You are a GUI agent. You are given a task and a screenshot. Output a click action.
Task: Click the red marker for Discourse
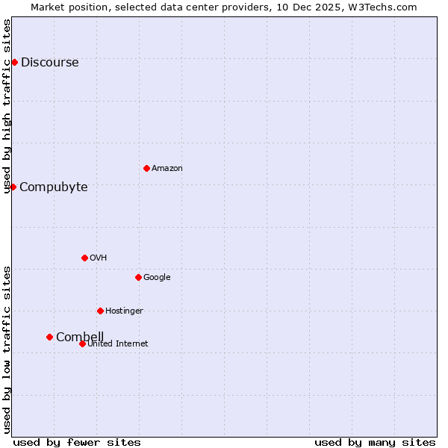14,62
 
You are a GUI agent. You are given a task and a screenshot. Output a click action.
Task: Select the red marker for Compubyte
13,187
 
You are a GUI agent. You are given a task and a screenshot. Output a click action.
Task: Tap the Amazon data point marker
146,168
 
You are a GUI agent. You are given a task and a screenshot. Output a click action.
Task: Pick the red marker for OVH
84,258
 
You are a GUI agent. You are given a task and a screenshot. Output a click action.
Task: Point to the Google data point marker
138,277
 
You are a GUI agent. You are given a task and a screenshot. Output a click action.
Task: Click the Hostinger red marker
100,311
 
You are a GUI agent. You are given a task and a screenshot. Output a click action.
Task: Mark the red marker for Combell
50,337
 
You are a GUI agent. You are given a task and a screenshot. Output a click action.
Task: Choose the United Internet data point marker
82,343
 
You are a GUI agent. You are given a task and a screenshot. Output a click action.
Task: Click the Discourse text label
49,63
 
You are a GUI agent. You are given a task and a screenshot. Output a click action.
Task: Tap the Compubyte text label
53,187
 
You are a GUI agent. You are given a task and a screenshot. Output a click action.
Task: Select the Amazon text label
167,169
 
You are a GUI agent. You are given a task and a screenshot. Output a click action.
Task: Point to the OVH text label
98,258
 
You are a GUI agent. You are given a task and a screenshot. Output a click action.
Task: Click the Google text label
157,278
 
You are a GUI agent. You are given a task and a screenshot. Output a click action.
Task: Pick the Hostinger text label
124,311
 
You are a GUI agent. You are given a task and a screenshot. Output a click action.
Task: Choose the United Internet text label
117,344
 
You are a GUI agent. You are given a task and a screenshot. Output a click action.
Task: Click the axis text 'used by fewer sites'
77,442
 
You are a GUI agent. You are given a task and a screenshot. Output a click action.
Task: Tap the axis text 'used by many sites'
375,442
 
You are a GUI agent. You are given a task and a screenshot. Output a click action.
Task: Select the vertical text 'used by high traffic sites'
7,106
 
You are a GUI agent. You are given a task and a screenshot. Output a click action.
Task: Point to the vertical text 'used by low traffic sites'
7,349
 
